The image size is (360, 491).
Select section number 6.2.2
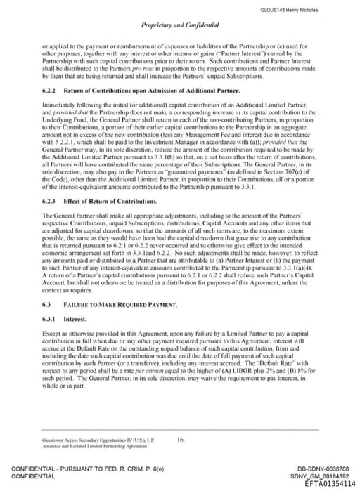tap(50, 91)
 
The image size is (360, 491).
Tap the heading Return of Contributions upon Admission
tap(141, 91)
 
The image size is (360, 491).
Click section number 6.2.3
tap(50, 202)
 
